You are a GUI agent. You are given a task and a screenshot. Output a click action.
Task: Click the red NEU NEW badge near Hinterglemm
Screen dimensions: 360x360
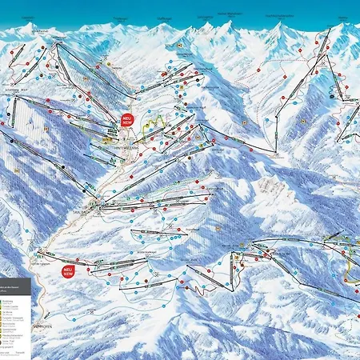(x=127, y=120)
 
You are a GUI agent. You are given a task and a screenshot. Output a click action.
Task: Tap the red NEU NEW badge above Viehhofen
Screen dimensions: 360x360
(x=69, y=271)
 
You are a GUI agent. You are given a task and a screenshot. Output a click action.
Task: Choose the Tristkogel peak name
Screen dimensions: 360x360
(x=121, y=17)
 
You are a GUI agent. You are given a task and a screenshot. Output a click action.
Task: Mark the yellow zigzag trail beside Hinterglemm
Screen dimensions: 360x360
(x=152, y=126)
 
